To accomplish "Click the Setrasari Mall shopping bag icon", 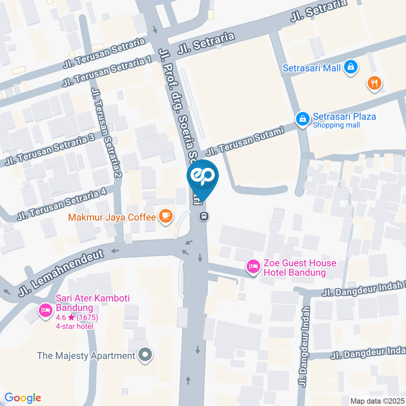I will tap(351, 67).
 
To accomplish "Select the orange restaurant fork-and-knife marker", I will tap(374, 82).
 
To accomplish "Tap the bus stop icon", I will tap(204, 216).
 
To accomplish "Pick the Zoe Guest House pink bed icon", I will tap(253, 266).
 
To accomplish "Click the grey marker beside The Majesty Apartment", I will tap(145, 355).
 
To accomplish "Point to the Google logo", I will tap(22, 398).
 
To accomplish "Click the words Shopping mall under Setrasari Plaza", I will tap(336, 125).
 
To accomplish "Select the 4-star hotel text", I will tap(74, 326).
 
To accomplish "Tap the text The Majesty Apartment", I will tap(86, 356).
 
